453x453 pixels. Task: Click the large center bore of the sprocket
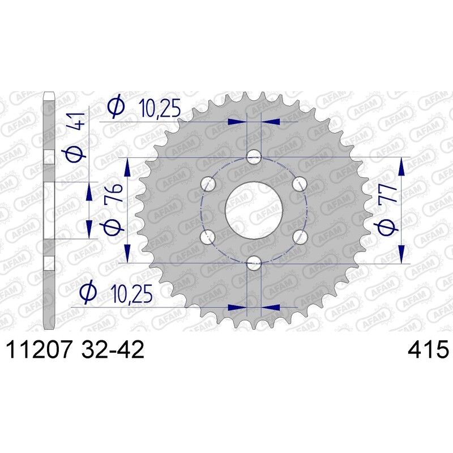(x=254, y=210)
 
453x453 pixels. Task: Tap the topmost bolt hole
(x=254, y=157)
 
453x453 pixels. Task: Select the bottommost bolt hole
(x=254, y=262)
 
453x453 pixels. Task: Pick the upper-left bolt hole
(x=209, y=183)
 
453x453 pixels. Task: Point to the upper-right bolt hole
(x=300, y=183)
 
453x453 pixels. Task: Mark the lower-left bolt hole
(x=209, y=236)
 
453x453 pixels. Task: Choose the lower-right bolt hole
(x=300, y=236)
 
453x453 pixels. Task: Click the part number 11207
(x=37, y=350)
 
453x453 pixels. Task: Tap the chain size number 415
(x=428, y=350)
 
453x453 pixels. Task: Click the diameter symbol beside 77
(x=387, y=227)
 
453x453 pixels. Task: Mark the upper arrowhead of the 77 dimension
(x=402, y=166)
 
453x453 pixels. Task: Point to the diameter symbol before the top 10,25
(x=116, y=108)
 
